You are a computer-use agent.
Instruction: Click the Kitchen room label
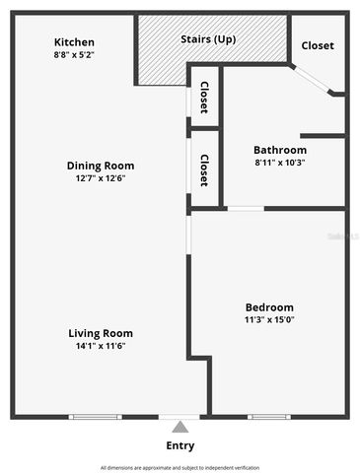[x=74, y=42]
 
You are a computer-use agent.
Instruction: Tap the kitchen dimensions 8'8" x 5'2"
[x=74, y=56]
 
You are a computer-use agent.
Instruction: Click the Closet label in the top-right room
[x=317, y=45]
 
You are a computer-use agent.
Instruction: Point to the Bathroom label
[x=280, y=150]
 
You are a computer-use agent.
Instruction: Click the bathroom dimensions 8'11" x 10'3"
[x=280, y=163]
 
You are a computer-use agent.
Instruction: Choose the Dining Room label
[x=101, y=166]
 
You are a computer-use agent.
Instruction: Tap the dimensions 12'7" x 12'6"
[x=101, y=178]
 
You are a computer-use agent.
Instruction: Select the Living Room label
[x=101, y=333]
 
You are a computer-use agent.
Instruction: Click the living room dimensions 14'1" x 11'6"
[x=101, y=346]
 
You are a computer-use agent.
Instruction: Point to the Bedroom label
[x=269, y=307]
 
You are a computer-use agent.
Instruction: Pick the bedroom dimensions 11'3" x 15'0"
[x=269, y=320]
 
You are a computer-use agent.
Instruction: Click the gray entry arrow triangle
[x=180, y=427]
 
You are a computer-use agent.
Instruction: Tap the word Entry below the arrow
[x=180, y=445]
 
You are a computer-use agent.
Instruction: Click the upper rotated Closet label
[x=204, y=98]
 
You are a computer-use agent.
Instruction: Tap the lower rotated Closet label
[x=204, y=170]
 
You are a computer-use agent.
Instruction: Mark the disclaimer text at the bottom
[x=180, y=467]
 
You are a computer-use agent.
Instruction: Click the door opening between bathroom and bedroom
[x=246, y=208]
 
